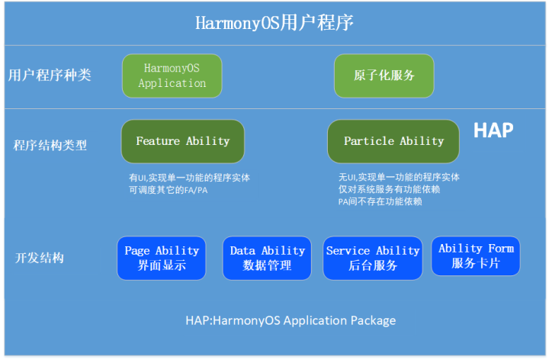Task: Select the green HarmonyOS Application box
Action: (x=172, y=76)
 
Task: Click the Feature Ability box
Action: (x=183, y=141)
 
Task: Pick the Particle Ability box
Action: (x=393, y=141)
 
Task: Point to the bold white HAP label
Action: (x=493, y=130)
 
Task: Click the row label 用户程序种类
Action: (x=50, y=76)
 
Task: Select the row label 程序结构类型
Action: (x=50, y=144)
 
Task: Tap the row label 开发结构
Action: (x=40, y=258)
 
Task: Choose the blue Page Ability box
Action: (x=162, y=258)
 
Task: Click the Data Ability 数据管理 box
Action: (x=267, y=258)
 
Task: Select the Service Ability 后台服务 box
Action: (x=373, y=258)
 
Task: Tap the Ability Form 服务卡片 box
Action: (x=476, y=256)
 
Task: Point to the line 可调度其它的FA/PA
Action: (x=168, y=190)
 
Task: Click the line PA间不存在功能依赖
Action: (x=380, y=202)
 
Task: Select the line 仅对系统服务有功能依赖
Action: (x=390, y=190)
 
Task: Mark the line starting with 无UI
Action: (x=399, y=178)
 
